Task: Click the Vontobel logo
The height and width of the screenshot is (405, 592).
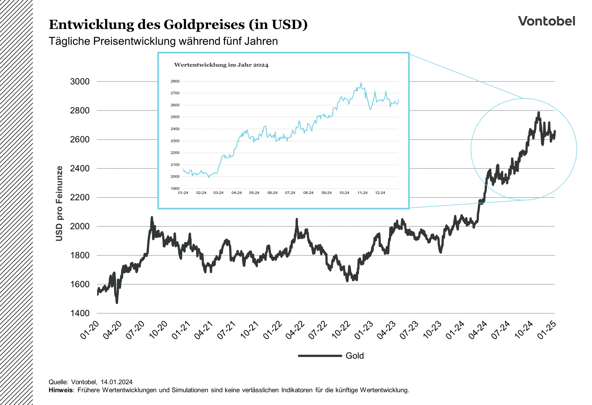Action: pyautogui.click(x=546, y=21)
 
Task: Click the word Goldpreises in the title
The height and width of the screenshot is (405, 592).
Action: pyautogui.click(x=204, y=25)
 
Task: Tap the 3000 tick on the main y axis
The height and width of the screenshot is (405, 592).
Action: pyautogui.click(x=80, y=81)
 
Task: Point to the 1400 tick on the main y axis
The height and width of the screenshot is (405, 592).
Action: pyautogui.click(x=80, y=313)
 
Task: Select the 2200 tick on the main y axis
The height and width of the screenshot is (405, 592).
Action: pyautogui.click(x=80, y=197)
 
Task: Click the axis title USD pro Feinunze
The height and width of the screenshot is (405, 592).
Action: pyautogui.click(x=59, y=204)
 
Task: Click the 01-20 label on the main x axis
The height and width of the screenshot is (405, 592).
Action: pyautogui.click(x=90, y=330)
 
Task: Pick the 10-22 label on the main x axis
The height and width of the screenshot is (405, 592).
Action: pyautogui.click(x=341, y=330)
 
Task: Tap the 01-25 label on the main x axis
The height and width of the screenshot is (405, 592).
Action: pyautogui.click(x=547, y=330)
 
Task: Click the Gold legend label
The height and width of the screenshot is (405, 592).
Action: pyautogui.click(x=355, y=356)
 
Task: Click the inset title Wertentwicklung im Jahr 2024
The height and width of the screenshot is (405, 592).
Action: pyautogui.click(x=221, y=65)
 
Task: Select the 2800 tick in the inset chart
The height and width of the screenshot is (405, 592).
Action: pyautogui.click(x=175, y=81)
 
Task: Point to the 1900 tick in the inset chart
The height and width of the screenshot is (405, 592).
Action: pyautogui.click(x=175, y=188)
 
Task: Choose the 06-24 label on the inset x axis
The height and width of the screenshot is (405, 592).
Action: pyautogui.click(x=272, y=193)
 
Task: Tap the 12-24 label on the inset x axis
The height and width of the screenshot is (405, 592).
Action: pyautogui.click(x=380, y=193)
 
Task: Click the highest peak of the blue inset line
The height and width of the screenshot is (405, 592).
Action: pyautogui.click(x=361, y=83)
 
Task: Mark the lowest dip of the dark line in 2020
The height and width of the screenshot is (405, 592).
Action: pyautogui.click(x=117, y=303)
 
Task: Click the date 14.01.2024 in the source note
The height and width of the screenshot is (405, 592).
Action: pyautogui.click(x=117, y=382)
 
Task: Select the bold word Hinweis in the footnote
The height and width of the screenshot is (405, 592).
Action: pyautogui.click(x=61, y=390)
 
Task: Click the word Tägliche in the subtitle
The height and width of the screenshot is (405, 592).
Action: pyautogui.click(x=69, y=41)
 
